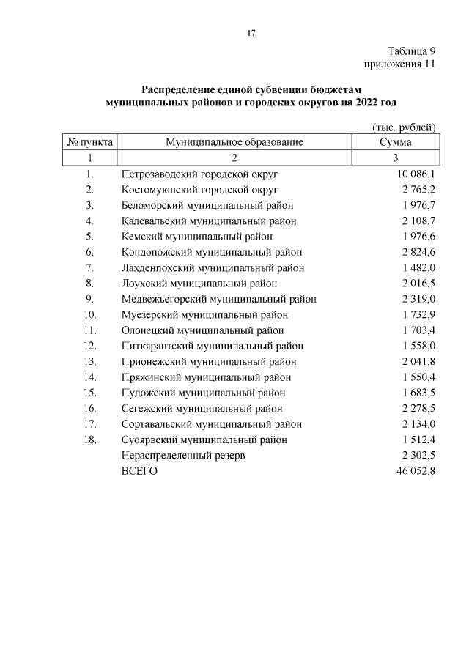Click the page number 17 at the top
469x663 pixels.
[x=251, y=33]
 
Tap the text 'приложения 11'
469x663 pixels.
[x=400, y=64]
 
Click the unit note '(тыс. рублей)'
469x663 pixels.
[x=405, y=127]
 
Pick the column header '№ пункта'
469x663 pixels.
[x=89, y=142]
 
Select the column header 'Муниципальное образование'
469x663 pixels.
[x=234, y=142]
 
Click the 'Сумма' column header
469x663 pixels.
[x=395, y=142]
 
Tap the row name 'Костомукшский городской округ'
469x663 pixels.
[x=199, y=190]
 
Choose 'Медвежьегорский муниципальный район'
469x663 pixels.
[x=218, y=299]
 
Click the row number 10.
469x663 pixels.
[x=90, y=314]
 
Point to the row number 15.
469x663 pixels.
[x=90, y=393]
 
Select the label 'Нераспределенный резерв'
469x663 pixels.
[x=182, y=456]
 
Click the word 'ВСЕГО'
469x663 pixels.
[x=139, y=471]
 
